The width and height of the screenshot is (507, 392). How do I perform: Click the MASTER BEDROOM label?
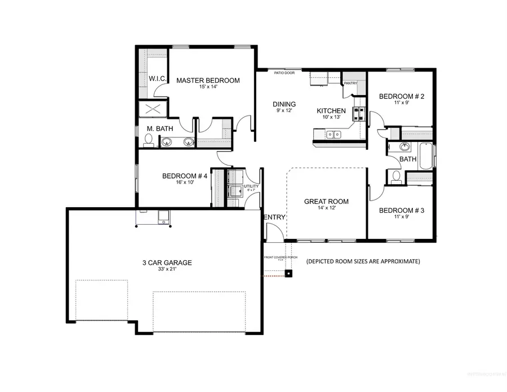207,81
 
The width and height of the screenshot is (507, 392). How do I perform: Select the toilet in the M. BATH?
149,142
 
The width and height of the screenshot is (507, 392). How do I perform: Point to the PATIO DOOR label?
283,73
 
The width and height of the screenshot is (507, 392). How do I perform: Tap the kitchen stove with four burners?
357,114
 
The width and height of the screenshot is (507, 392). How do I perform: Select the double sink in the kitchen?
333,135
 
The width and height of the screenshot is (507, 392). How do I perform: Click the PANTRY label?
350,83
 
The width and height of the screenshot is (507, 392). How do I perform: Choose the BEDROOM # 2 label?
401,96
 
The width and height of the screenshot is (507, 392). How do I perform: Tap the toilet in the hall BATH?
396,177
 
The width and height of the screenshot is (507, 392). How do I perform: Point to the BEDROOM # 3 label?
401,211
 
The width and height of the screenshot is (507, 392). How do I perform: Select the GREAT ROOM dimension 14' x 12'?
326,208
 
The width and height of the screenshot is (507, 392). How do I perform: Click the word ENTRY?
274,218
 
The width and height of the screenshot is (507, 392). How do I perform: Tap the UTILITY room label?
251,186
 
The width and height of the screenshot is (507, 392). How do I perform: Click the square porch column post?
289,274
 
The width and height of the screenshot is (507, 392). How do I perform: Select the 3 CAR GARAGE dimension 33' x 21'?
167,269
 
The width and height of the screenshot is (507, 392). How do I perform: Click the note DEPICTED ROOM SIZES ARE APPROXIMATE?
363,262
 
